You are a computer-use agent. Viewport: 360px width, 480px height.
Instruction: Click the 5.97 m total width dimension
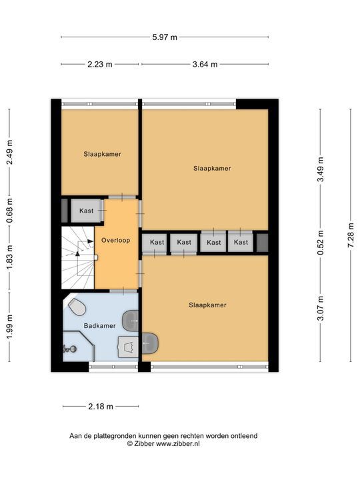click(x=165, y=37)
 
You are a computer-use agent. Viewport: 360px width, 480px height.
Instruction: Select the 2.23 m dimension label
click(x=100, y=64)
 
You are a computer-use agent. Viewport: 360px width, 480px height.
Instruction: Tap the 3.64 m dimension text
click(x=205, y=64)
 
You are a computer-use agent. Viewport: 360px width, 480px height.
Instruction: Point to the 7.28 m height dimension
click(x=351, y=234)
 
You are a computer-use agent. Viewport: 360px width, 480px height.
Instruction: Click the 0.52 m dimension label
click(x=321, y=243)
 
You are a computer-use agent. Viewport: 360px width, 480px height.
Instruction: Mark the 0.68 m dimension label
click(x=9, y=211)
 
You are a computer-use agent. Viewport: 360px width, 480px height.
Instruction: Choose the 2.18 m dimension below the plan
click(x=100, y=406)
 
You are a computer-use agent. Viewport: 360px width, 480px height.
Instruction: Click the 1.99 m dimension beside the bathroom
click(x=9, y=326)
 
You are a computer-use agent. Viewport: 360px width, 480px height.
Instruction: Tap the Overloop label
click(x=115, y=239)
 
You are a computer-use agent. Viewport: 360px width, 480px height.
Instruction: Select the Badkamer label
click(x=99, y=326)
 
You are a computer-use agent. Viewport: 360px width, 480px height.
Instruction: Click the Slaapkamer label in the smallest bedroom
click(x=102, y=154)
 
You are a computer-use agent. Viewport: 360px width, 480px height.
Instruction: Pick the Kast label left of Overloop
click(x=87, y=211)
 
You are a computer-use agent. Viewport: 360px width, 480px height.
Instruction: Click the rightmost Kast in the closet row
click(x=241, y=242)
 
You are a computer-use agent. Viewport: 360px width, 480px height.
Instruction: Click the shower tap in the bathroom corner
click(x=69, y=348)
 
